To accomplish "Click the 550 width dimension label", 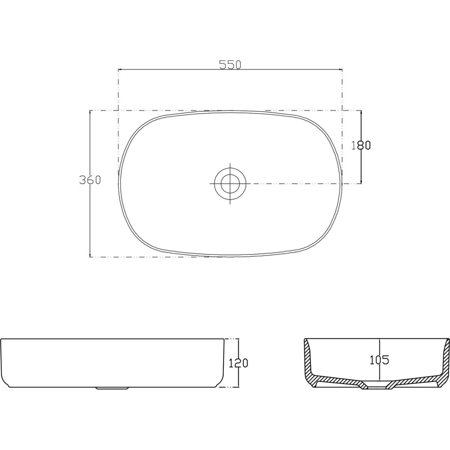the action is tap(230, 65).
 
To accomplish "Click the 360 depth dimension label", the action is tap(90, 180).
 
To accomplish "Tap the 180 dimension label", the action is tap(361, 145).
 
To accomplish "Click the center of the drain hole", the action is tap(230, 183).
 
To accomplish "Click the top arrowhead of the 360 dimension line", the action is tap(90, 113).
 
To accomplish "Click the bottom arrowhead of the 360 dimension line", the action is tap(90, 254).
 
